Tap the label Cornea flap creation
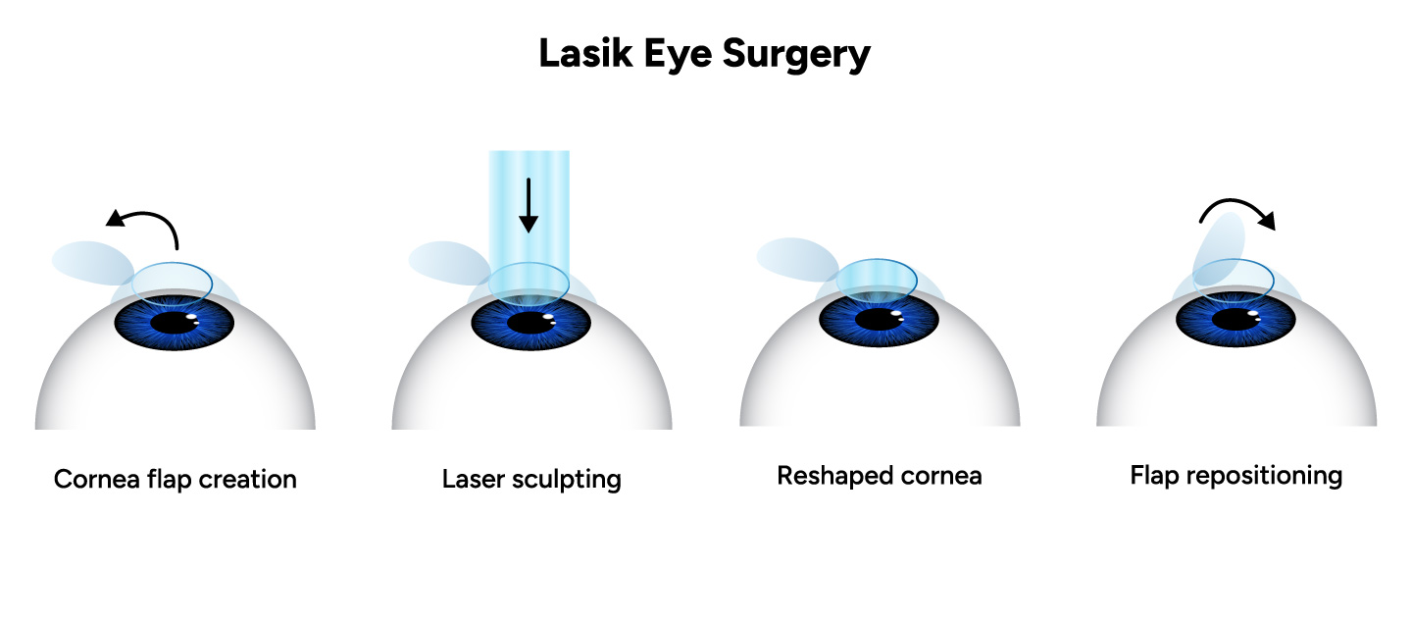(x=175, y=480)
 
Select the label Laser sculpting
(x=531, y=480)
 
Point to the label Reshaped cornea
(x=880, y=476)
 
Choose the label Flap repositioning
(x=1235, y=476)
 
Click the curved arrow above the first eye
(x=147, y=223)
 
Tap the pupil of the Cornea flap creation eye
(x=175, y=321)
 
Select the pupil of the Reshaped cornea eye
(x=879, y=319)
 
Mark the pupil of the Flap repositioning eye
(x=1235, y=319)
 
